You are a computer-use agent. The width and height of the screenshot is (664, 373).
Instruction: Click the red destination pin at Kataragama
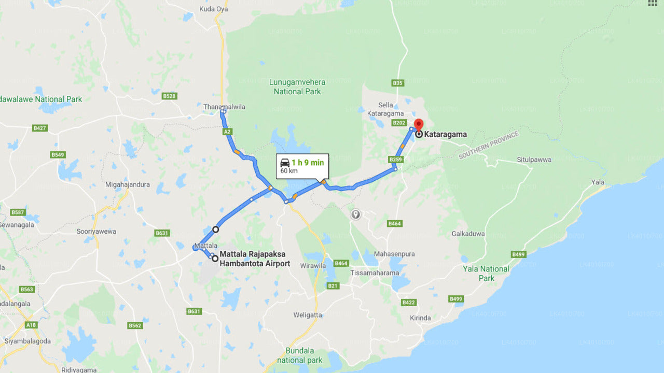coord(419,125)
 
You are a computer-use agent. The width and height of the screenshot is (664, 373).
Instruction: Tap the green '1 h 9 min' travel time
coord(308,163)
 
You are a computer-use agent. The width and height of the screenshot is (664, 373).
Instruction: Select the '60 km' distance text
coord(289,171)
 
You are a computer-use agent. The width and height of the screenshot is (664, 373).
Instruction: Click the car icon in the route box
coord(285,163)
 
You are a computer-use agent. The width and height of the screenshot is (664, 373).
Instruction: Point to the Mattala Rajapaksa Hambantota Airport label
coord(255,259)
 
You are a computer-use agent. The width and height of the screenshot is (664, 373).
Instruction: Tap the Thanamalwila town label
coord(224,107)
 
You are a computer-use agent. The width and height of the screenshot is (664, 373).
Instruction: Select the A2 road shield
coord(227,132)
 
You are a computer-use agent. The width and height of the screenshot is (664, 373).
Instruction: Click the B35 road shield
coord(397,83)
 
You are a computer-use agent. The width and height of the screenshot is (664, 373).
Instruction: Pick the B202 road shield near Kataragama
coord(399,123)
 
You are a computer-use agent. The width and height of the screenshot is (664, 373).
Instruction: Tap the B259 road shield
coord(395,160)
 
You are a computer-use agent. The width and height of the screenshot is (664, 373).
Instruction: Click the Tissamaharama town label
coord(375,273)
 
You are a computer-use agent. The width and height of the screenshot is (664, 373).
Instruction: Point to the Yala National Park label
coord(486,273)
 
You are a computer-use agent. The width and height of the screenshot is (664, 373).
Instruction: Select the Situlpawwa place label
coord(534,160)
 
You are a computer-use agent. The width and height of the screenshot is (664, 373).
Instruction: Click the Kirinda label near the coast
coord(420,318)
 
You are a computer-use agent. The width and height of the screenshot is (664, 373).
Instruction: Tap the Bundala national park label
coord(299,355)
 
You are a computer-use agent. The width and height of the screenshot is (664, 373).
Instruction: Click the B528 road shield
coord(169,96)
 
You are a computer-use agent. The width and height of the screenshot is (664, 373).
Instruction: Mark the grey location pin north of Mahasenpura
coord(355,213)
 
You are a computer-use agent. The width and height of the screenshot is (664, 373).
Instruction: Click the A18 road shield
coord(32,325)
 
